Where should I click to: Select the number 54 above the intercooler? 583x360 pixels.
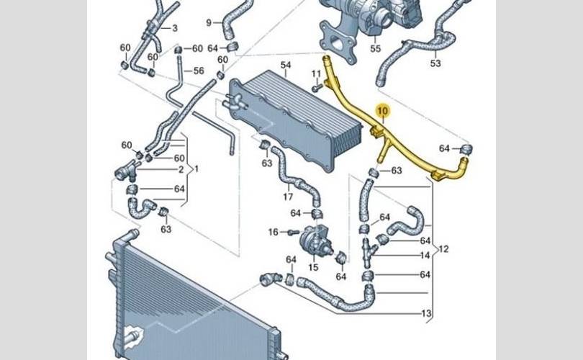[286, 66]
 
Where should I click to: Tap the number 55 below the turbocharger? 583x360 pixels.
[375, 49]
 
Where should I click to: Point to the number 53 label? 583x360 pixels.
[435, 63]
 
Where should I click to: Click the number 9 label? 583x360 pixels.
[209, 22]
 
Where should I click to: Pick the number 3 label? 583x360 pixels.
[174, 28]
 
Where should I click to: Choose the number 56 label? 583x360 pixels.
[199, 71]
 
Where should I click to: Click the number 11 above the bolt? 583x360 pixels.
[315, 73]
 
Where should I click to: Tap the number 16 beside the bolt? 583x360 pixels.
[273, 232]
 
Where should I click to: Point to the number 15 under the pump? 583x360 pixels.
[313, 267]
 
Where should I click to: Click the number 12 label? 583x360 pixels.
[443, 249]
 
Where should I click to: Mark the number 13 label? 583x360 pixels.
[427, 313]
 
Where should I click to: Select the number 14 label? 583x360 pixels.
[425, 255]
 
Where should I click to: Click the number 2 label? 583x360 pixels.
[181, 170]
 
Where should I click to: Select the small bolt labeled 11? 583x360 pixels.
[317, 88]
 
